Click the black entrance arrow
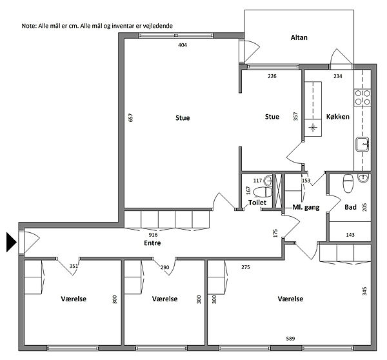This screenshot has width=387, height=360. (11, 242)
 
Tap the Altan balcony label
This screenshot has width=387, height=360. (299, 37)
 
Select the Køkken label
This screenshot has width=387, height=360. (337, 117)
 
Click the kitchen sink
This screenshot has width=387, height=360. (362, 144)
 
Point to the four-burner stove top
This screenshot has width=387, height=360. (362, 97)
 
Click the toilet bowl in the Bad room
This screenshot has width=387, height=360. (348, 183)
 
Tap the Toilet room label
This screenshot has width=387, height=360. (257, 203)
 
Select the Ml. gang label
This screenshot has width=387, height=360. (306, 207)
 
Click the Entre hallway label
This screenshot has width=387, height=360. (152, 243)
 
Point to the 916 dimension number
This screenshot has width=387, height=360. (153, 235)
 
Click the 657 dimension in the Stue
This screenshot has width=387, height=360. (130, 117)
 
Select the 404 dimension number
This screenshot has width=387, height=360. (183, 45)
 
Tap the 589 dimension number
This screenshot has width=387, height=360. (290, 339)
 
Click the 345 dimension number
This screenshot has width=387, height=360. (364, 291)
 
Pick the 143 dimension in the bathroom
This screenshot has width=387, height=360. (350, 235)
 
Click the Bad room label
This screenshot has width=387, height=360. (350, 207)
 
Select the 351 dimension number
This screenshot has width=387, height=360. (74, 266)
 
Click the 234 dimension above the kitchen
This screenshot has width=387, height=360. (338, 76)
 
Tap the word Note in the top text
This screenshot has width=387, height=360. (28, 26)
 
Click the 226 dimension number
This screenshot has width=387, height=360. (272, 76)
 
